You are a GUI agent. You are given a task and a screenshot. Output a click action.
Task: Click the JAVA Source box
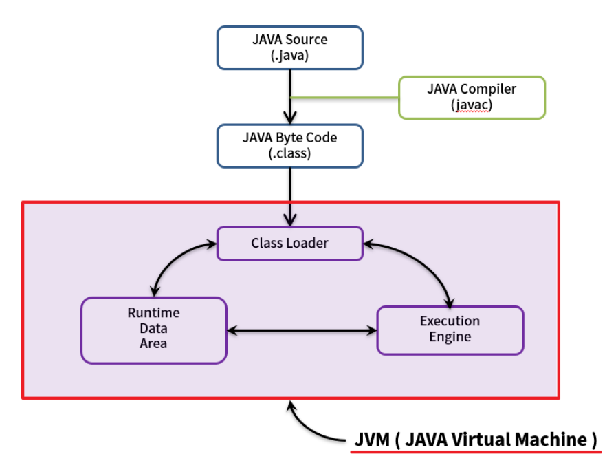pyautogui.click(x=289, y=47)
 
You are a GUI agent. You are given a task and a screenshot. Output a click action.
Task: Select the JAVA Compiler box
pyautogui.click(x=472, y=97)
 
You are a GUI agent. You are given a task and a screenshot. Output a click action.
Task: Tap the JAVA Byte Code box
pyautogui.click(x=289, y=145)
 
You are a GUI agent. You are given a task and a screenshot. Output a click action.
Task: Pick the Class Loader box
pyautogui.click(x=289, y=243)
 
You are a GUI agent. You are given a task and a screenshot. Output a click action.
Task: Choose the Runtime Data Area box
pyautogui.click(x=153, y=330)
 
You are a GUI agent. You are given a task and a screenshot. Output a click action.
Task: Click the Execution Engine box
pyautogui.click(x=450, y=330)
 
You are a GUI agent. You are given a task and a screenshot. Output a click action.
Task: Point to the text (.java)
pyautogui.click(x=289, y=56)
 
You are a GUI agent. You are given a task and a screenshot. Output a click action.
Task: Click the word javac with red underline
pyautogui.click(x=472, y=105)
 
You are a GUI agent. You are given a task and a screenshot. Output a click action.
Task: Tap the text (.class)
pyautogui.click(x=289, y=153)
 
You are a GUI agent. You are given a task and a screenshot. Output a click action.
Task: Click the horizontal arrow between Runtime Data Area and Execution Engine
pyautogui.click(x=302, y=330)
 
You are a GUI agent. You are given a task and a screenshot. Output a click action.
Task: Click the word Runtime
pyautogui.click(x=153, y=313)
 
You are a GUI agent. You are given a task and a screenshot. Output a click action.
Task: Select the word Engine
pyautogui.click(x=450, y=337)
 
